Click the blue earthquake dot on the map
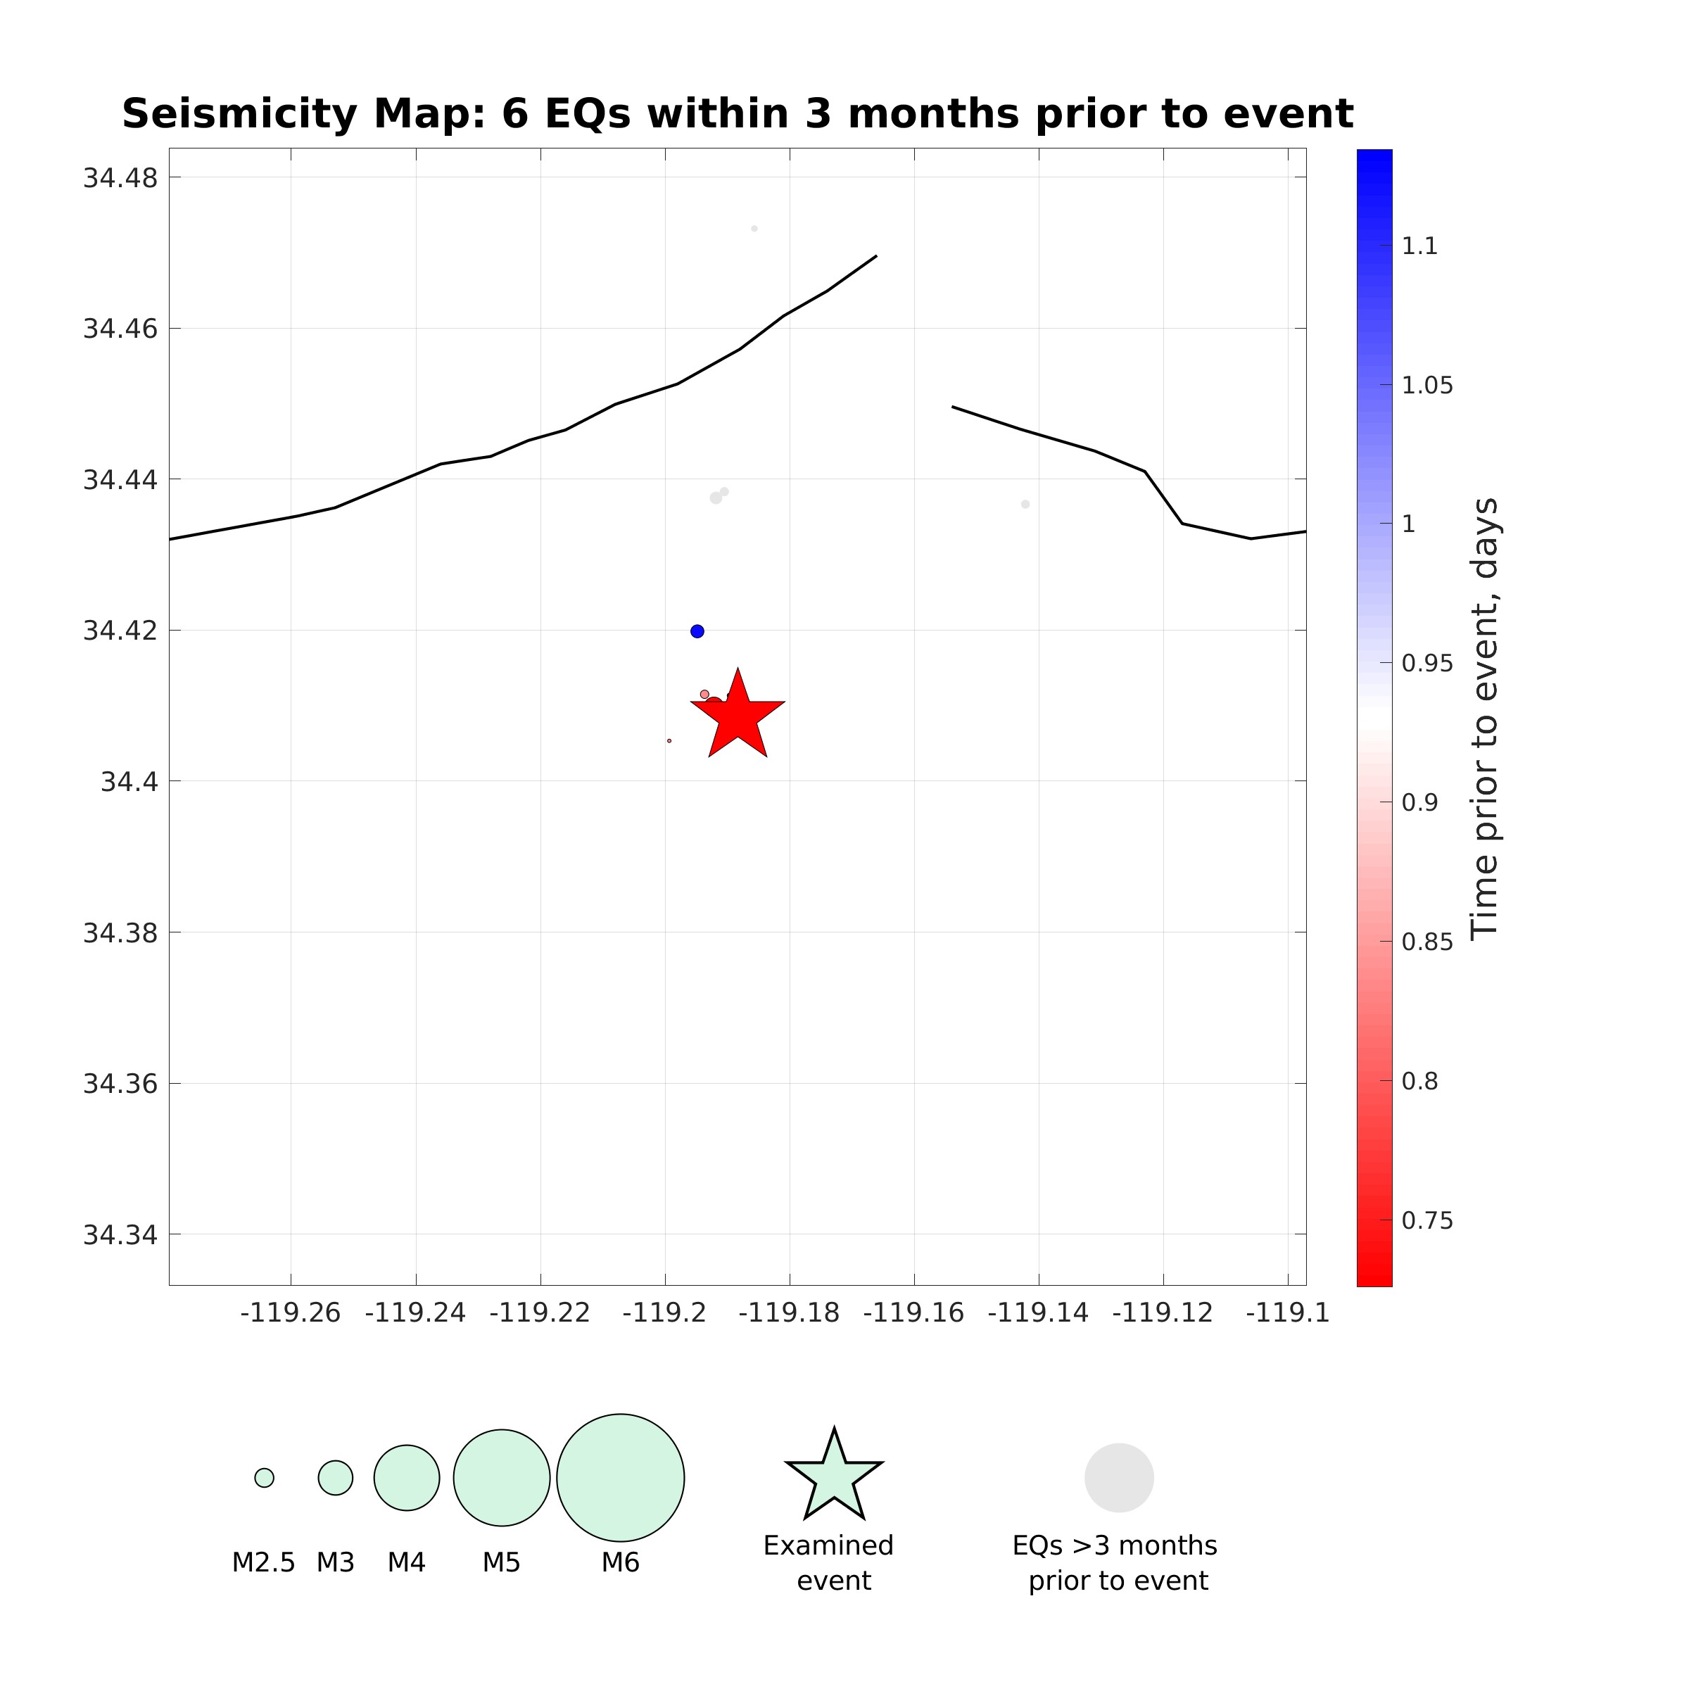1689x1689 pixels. point(697,631)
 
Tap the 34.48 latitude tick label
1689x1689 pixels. point(120,178)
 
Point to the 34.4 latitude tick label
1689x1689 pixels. point(129,782)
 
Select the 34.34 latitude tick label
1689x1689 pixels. point(120,1234)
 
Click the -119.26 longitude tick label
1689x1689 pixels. point(290,1313)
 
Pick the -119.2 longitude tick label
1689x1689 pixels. point(664,1313)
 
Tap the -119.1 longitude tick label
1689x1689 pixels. point(1287,1313)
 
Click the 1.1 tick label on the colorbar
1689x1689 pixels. point(1419,246)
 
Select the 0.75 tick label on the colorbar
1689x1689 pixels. point(1427,1220)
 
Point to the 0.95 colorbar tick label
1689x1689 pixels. point(1427,664)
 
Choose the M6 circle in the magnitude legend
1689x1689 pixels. point(620,1477)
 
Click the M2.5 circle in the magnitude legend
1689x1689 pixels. point(264,1477)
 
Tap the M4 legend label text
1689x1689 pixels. point(407,1562)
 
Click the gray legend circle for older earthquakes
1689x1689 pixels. point(1119,1477)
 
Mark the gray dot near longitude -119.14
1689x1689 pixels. point(1025,505)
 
